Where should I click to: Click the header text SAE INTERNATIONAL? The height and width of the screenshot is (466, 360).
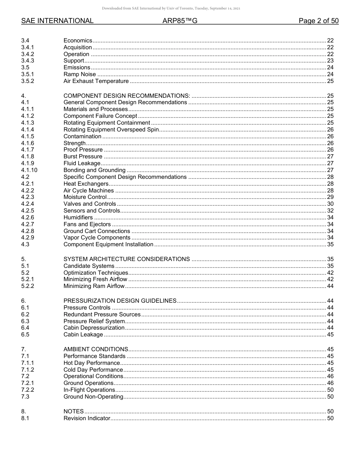(57, 21)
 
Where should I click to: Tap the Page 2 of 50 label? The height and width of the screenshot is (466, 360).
(318, 21)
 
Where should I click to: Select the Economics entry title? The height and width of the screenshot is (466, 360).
(78, 41)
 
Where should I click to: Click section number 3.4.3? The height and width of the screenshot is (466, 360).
(28, 61)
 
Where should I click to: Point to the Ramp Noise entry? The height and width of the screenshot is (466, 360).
(80, 74)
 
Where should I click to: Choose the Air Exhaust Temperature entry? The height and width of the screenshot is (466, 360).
(96, 81)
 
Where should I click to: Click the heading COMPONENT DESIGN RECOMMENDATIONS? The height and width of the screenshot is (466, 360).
(127, 95)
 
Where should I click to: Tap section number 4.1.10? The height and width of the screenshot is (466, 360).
(29, 170)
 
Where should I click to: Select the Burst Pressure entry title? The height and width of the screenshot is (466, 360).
(83, 156)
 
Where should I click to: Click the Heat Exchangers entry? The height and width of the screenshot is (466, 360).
(86, 184)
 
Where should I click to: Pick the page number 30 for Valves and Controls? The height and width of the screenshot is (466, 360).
(330, 204)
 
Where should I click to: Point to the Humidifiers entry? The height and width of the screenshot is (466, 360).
(78, 217)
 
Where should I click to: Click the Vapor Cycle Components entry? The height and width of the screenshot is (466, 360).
(97, 238)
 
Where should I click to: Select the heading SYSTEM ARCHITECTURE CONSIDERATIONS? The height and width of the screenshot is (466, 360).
(127, 259)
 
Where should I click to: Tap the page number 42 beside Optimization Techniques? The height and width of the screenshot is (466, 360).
(330, 273)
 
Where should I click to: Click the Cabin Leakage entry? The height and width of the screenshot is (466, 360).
(83, 335)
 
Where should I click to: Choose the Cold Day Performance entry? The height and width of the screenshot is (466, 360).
(93, 370)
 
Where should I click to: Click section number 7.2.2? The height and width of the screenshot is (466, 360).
(28, 390)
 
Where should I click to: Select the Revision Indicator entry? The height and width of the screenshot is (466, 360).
(87, 418)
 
